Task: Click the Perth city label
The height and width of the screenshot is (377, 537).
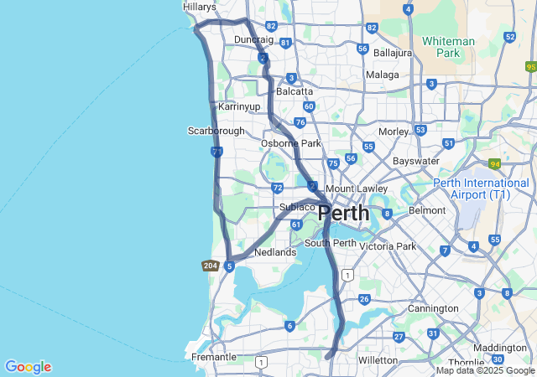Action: [344, 213]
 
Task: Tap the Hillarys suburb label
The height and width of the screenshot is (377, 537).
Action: [200, 7]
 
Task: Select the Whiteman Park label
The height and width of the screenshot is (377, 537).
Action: [448, 46]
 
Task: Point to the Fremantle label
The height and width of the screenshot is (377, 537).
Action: [214, 357]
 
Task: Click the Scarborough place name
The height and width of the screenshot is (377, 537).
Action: [216, 131]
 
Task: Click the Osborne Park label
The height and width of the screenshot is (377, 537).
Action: [291, 143]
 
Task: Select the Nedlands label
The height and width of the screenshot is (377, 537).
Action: [275, 252]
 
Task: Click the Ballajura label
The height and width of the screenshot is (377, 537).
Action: [393, 52]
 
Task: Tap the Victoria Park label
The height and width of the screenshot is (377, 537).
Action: [388, 246]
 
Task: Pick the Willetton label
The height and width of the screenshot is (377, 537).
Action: [378, 359]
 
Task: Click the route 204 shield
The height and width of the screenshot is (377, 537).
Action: [211, 266]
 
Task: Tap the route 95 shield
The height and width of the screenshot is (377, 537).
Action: [530, 66]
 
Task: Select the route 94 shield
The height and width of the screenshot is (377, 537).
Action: [495, 164]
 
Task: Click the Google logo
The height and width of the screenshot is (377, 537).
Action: [28, 367]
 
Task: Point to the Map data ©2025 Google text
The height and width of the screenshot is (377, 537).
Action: [485, 371]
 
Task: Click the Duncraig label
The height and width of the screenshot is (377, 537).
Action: [253, 39]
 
